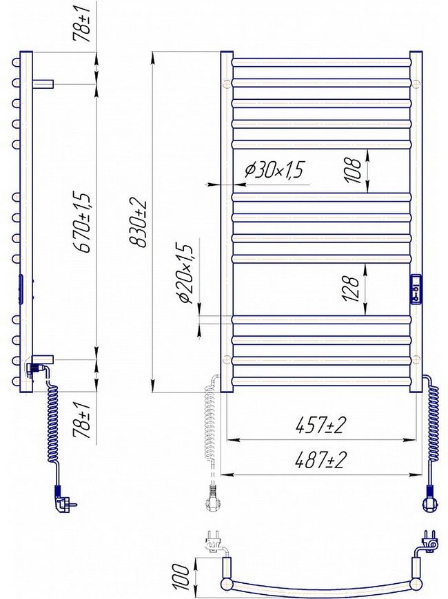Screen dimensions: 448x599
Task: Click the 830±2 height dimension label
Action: pos(138,223)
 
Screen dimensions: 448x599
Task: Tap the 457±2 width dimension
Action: pos(320,425)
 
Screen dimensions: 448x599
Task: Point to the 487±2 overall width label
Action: pos(320,459)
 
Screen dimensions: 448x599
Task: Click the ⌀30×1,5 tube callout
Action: pos(275,169)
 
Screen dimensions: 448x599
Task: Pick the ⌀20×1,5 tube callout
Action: pos(185,273)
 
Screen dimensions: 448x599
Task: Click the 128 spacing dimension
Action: pos(352,288)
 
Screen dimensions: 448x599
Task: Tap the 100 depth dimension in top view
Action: pos(183,576)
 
